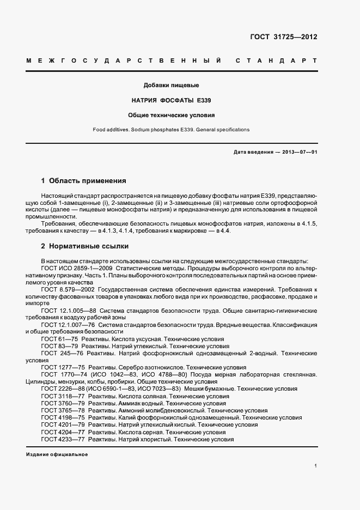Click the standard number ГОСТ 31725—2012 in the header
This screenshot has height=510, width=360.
[284, 37]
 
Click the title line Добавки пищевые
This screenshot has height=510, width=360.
[171, 86]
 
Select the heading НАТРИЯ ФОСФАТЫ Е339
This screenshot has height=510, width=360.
[171, 100]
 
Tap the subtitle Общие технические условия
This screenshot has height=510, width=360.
[171, 116]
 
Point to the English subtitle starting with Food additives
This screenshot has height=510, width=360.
[171, 130]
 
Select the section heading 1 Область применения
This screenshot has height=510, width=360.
[84, 180]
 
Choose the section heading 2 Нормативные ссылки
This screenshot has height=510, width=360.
[85, 246]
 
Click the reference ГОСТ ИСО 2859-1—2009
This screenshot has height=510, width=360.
[76, 269]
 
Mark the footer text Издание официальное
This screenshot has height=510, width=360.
[57, 454]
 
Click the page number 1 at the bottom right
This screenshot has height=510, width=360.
[315, 466]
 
